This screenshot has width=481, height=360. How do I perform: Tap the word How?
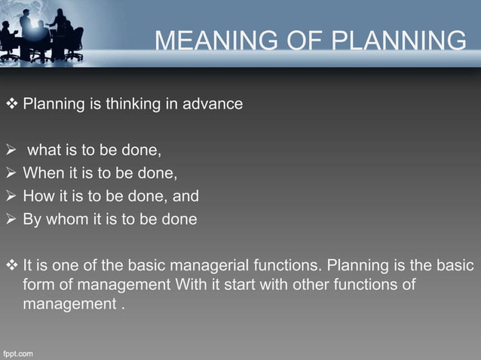(38, 197)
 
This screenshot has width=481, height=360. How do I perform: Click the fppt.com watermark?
(18, 352)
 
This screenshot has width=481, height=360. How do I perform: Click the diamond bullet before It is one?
(11, 266)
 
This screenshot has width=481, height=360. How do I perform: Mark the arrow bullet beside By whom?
(11, 220)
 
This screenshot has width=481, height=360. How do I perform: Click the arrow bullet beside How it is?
(11, 197)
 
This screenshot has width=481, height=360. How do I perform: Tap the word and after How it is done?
(185, 197)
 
